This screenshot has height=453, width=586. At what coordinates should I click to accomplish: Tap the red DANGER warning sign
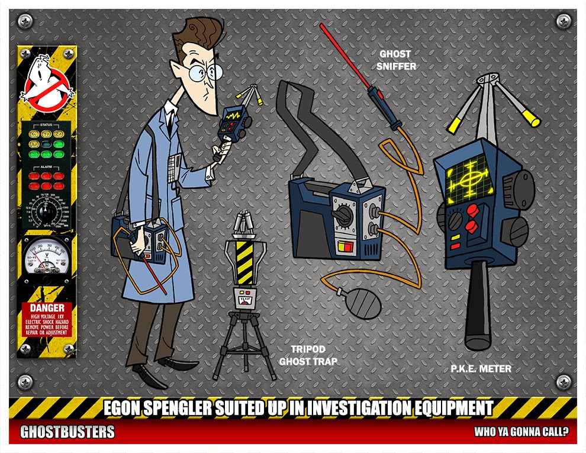[x=46, y=319]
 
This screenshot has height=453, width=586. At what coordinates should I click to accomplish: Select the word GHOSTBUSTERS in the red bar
[x=67, y=432]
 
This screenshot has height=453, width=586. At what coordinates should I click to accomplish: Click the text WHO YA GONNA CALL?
[x=520, y=432]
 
